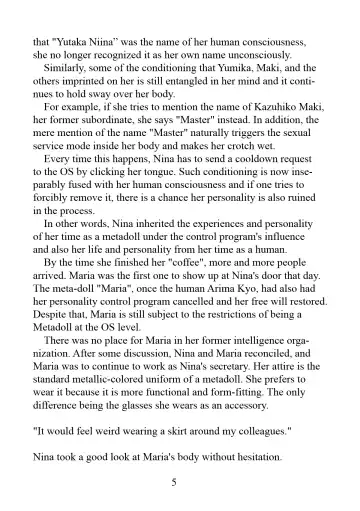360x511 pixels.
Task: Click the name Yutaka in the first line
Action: [83, 44]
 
